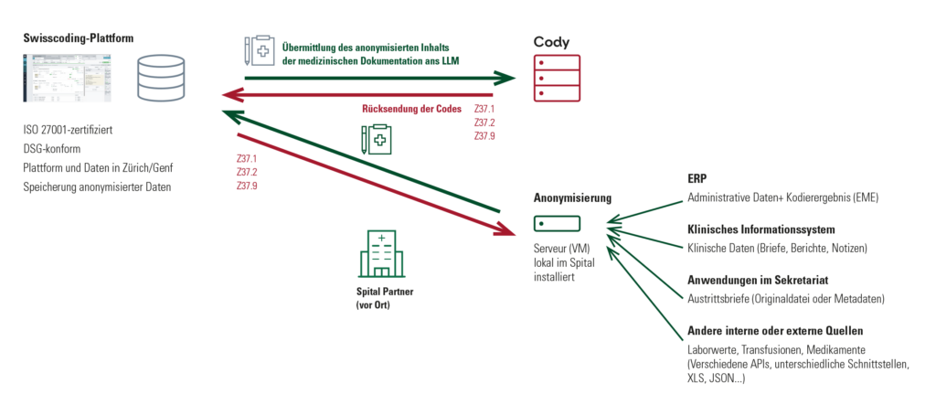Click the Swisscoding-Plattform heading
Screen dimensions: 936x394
(x=79, y=38)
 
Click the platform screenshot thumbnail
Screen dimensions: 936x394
(x=68, y=77)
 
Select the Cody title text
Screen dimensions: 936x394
(x=551, y=42)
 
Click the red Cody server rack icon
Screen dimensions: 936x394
(x=557, y=79)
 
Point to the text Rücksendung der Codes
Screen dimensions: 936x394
(x=411, y=110)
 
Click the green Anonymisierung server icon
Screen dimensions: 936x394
(x=557, y=223)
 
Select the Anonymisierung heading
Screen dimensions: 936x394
(x=572, y=198)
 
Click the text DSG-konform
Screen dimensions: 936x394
(x=52, y=149)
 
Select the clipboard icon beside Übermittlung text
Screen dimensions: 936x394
(x=258, y=51)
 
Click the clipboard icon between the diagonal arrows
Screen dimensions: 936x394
(x=376, y=140)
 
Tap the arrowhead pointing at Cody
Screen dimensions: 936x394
(x=505, y=79)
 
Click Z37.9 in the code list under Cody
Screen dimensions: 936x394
(x=484, y=136)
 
